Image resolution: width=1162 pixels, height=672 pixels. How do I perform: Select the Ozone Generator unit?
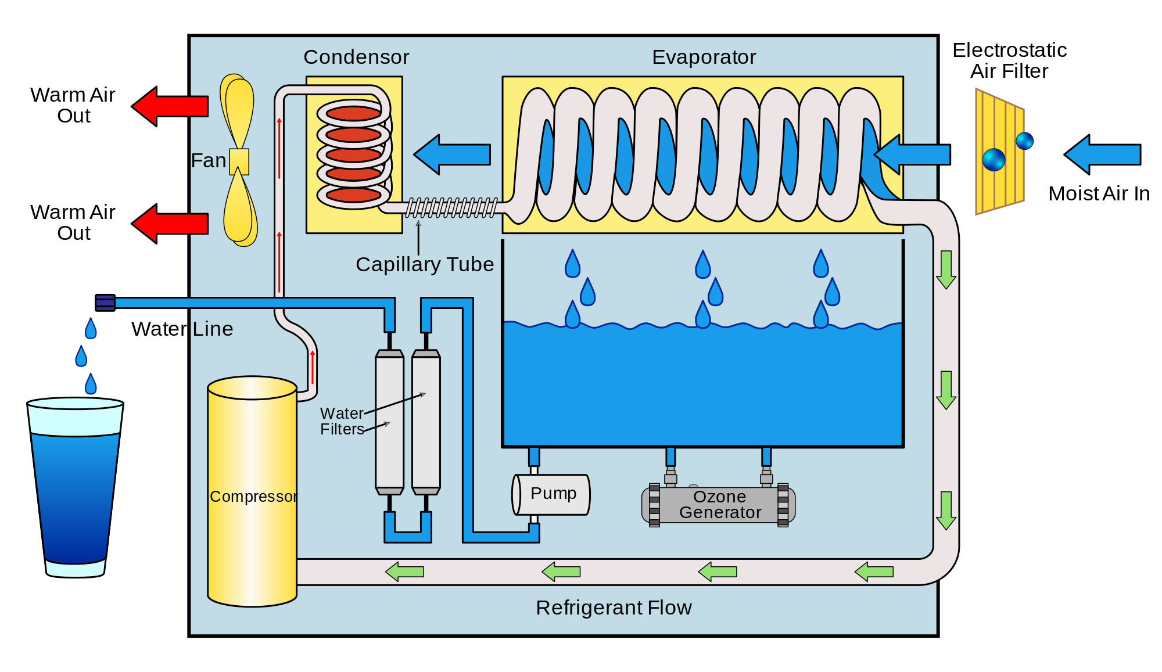(719, 505)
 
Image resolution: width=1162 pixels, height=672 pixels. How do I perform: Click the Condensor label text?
(356, 57)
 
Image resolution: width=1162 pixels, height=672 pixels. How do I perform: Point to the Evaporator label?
(704, 57)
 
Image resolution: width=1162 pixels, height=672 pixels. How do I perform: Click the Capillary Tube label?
(425, 264)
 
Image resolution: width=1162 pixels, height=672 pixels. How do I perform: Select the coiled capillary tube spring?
(451, 207)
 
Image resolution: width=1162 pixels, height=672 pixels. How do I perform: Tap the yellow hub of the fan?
(239, 161)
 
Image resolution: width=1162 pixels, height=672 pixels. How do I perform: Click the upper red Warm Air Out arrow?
(170, 106)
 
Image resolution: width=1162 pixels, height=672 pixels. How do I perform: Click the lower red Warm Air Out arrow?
(170, 224)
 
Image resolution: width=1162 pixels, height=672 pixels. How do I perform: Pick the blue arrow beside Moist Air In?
(1102, 154)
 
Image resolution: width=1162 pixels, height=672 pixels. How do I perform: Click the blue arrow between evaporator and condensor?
(452, 154)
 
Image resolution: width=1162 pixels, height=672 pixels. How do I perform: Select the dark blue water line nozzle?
(105, 303)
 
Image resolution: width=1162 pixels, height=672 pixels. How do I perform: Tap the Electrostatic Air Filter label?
(1009, 60)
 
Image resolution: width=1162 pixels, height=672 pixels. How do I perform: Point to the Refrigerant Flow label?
(614, 608)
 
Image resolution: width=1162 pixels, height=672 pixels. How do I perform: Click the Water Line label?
(182, 329)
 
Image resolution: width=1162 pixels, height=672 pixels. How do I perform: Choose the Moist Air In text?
(1099, 193)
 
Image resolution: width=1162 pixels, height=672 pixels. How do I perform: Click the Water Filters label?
(342, 421)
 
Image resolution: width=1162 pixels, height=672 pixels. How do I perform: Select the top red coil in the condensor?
(353, 113)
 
